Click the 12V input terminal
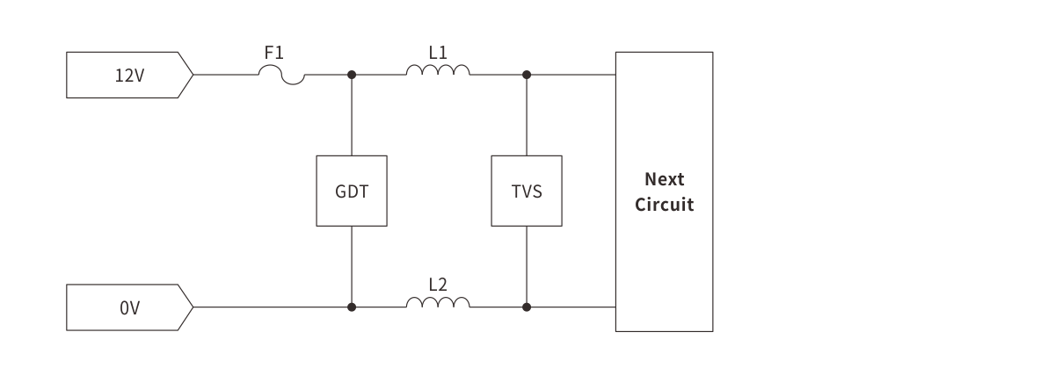(128, 75)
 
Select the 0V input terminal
(128, 307)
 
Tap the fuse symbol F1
(281, 78)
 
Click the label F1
(274, 53)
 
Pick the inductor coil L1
(438, 70)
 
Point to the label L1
(438, 53)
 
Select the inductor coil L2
(438, 303)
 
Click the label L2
(438, 285)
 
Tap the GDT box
(351, 191)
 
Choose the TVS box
(526, 191)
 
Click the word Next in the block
(664, 179)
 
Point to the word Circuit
(664, 206)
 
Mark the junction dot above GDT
(352, 75)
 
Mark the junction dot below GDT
(352, 307)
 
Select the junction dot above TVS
(527, 75)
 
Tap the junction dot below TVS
(527, 307)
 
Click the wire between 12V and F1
(225, 75)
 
